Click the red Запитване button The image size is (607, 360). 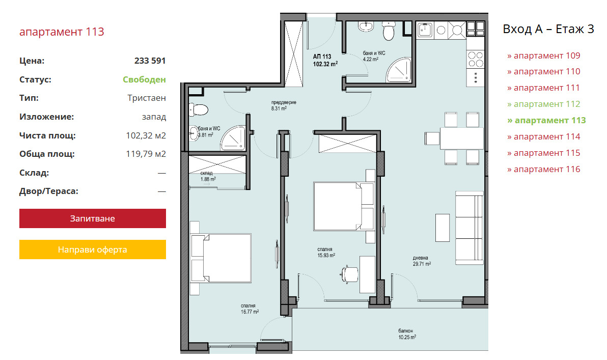(93, 218)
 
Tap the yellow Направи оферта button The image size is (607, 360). (93, 250)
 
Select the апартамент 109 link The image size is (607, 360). (543, 56)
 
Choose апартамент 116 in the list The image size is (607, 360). (543, 169)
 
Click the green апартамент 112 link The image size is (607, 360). (543, 104)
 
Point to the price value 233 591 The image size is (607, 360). (150, 61)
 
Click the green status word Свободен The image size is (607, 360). (144, 79)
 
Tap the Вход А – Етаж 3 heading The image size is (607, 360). (548, 29)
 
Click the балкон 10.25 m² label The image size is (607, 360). (407, 334)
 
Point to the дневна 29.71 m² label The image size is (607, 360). (422, 261)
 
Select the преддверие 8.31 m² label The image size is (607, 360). (283, 106)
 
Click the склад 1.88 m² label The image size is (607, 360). (208, 176)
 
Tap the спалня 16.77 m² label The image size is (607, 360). (250, 309)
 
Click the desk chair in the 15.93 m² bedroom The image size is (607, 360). (349, 275)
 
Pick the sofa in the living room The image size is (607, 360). (469, 228)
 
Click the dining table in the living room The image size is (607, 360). (461, 138)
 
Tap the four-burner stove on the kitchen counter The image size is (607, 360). (476, 60)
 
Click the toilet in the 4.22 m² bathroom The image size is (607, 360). (388, 31)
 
